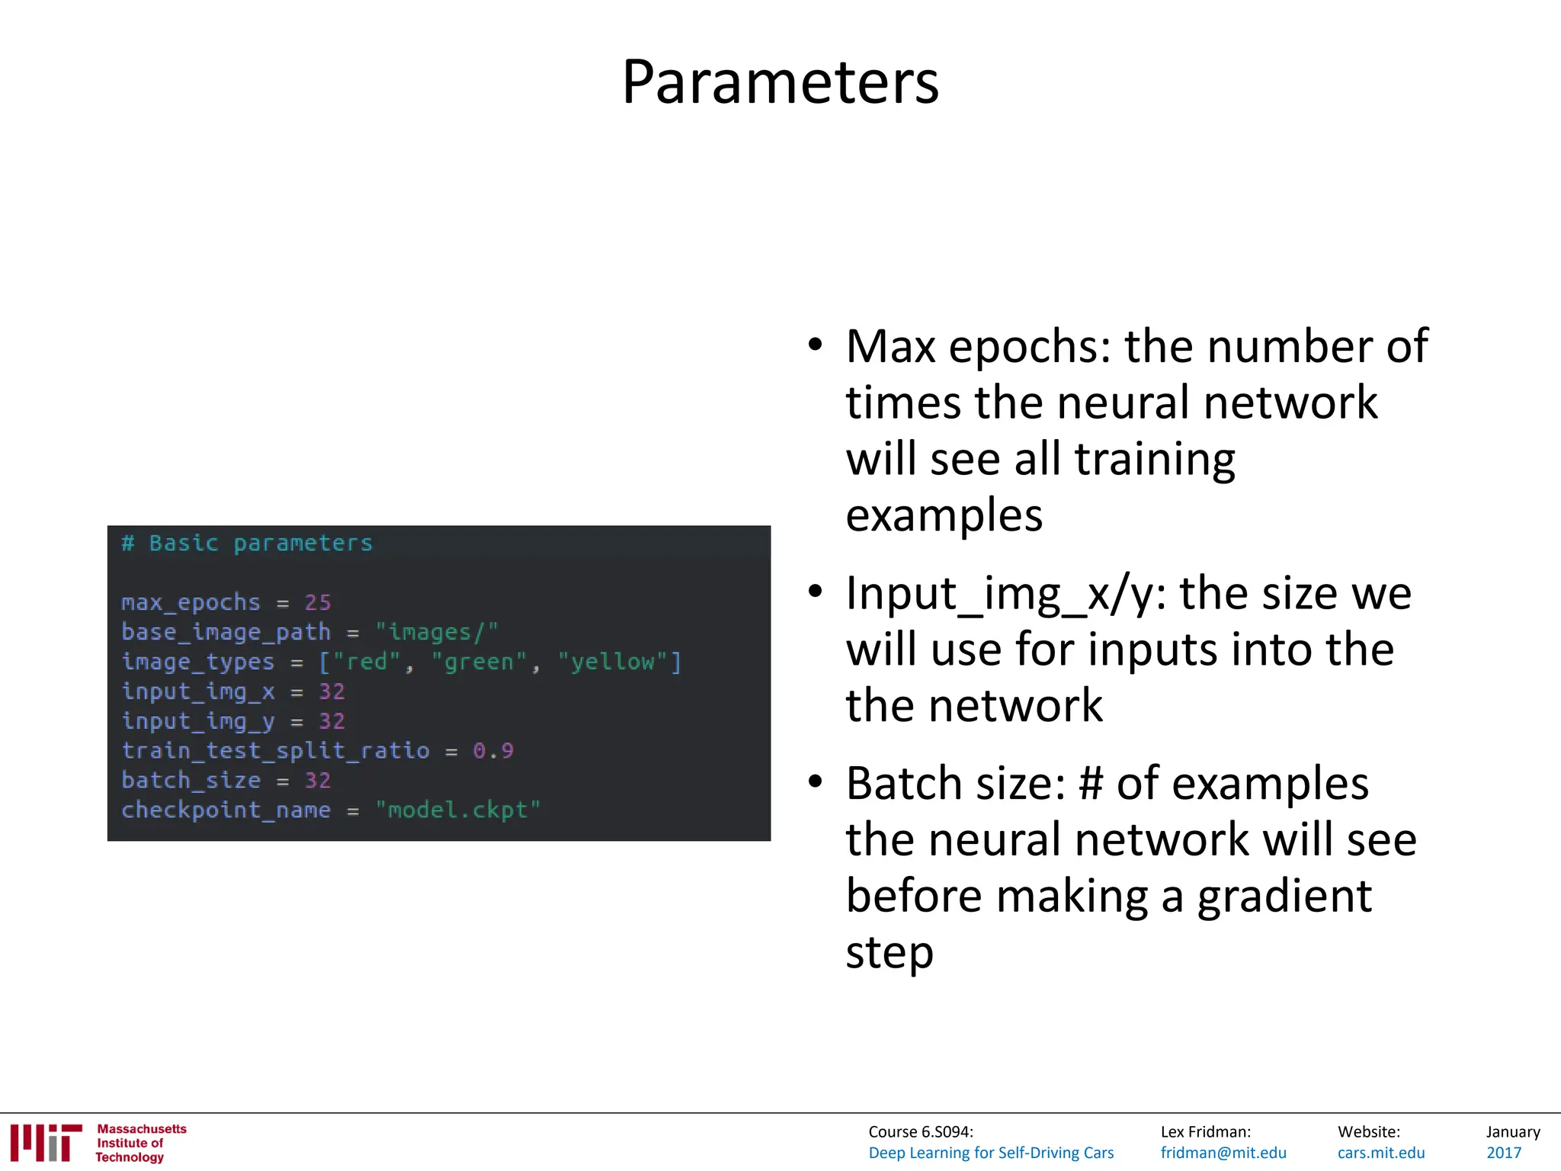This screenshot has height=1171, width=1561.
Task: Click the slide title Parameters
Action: [x=780, y=82]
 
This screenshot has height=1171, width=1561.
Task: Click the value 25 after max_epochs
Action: [x=318, y=602]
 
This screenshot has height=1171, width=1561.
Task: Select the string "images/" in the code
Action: [x=436, y=632]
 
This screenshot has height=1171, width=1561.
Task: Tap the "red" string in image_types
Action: [x=366, y=662]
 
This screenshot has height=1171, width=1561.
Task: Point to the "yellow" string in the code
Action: [x=614, y=662]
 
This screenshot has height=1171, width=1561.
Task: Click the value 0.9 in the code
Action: [x=492, y=751]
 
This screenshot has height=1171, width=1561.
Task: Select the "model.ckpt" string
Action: [x=457, y=810]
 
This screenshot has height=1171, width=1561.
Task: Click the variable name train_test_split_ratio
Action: [x=275, y=751]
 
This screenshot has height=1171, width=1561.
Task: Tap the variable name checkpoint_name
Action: [x=226, y=810]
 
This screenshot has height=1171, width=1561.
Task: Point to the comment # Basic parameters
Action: [x=247, y=543]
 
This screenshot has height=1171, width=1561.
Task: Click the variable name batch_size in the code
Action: [x=191, y=781]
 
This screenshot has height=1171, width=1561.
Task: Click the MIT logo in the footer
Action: [x=46, y=1143]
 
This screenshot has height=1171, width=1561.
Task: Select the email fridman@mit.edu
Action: [x=1223, y=1153]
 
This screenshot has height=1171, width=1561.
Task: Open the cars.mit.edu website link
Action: [x=1381, y=1153]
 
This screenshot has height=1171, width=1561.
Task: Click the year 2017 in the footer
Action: [x=1504, y=1153]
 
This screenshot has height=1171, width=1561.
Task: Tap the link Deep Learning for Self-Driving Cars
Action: [x=991, y=1153]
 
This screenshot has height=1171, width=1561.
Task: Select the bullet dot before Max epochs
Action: [x=816, y=345]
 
